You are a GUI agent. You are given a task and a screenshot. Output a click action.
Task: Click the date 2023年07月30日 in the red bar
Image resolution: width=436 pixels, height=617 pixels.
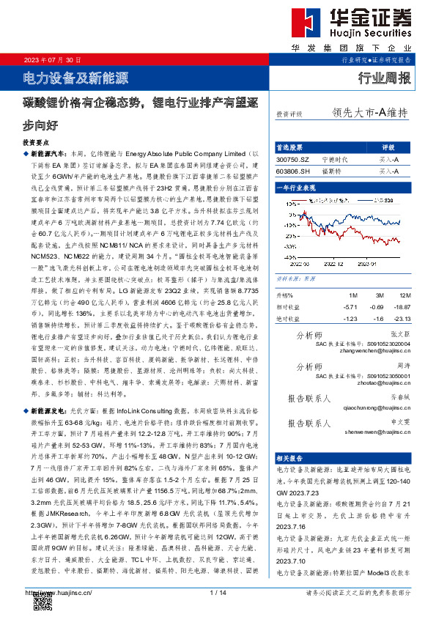pyautogui.click(x=52, y=59)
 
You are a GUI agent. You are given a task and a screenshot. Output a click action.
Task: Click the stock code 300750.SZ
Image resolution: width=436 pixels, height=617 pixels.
pyautogui.click(x=293, y=158)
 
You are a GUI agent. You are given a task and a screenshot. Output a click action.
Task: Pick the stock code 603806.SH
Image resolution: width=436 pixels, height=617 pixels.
pyautogui.click(x=293, y=171)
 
